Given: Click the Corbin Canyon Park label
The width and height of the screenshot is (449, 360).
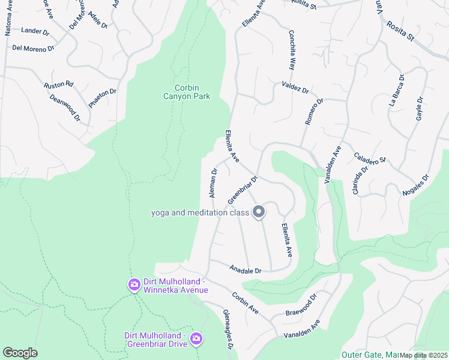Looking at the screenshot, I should pos(188,91).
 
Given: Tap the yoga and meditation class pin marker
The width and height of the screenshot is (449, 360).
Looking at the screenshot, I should pos(259,212).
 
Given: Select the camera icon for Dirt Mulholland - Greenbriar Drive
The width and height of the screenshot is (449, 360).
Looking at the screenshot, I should pos(196,340).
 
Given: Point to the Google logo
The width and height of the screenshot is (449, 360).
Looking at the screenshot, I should pos(19,353).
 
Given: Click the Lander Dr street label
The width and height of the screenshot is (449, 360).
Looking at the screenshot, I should pos(34,30).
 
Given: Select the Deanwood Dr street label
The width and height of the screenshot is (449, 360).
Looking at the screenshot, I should pos(65,107).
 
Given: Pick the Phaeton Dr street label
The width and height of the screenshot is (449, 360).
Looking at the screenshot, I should pos(103,98).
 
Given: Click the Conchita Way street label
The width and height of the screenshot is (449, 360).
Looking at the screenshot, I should pos(292,51).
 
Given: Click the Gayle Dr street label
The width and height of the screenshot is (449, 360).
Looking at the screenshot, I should pos(419,108).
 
